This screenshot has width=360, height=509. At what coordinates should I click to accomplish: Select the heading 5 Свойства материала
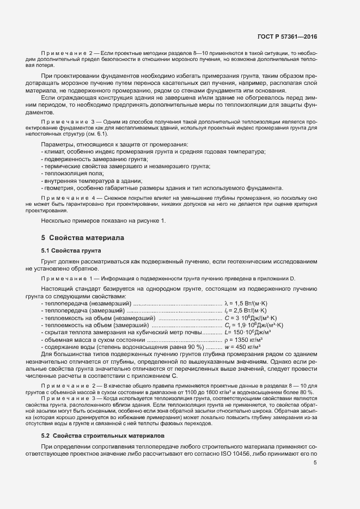click(83, 238)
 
